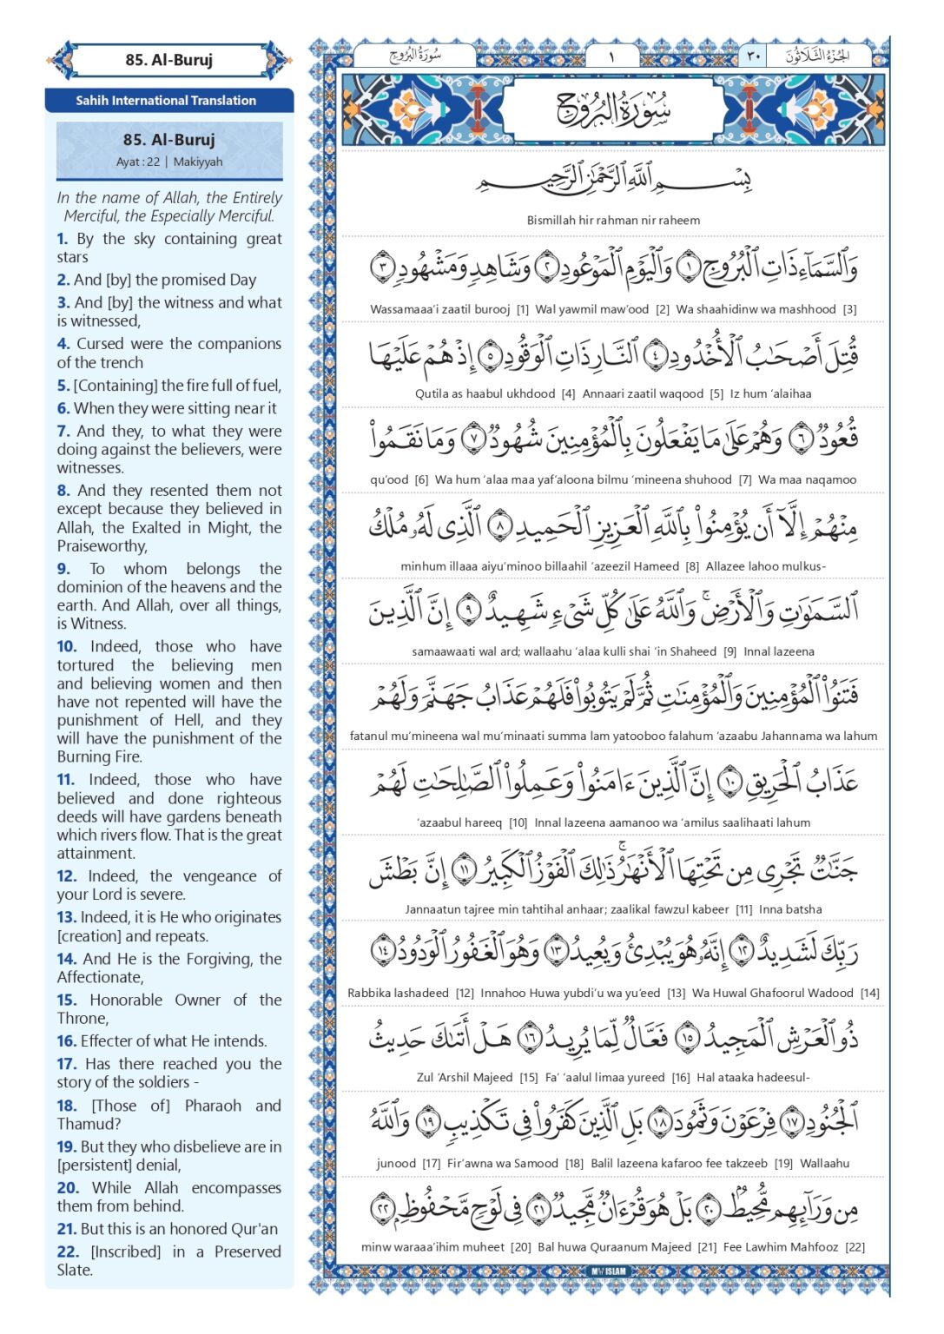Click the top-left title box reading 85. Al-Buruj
tap(168, 60)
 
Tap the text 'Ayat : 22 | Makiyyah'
tap(169, 162)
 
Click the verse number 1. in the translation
tap(63, 239)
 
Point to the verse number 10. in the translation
tap(67, 646)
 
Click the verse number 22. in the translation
tap(68, 1251)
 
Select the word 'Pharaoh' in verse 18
tap(213, 1106)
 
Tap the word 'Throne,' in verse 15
tap(83, 1018)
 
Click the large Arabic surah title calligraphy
tap(613, 109)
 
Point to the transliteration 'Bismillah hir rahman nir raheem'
tap(613, 221)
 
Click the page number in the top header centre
tap(611, 56)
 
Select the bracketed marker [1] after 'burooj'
tap(522, 309)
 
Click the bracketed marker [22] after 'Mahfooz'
tap(855, 1247)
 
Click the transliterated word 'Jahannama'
tap(791, 736)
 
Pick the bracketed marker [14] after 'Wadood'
tap(869, 993)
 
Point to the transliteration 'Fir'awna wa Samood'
tap(503, 1163)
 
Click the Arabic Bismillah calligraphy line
tap(613, 180)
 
